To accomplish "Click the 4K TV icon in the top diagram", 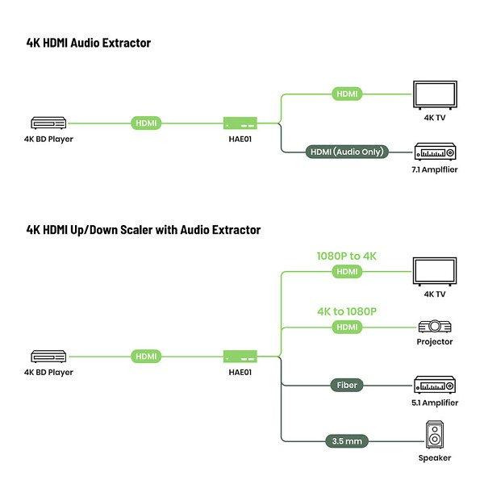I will [x=434, y=94].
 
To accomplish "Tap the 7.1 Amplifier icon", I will [x=434, y=152].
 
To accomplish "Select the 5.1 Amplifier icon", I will [x=436, y=384].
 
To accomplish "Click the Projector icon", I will [x=435, y=327].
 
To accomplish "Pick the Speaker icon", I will [x=435, y=436].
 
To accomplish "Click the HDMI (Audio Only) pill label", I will [x=348, y=151].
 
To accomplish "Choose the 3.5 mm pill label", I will [x=346, y=441].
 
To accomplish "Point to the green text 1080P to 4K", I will [x=346, y=257].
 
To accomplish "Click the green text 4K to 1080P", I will [x=347, y=311].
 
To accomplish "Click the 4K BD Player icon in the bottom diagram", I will [x=48, y=356].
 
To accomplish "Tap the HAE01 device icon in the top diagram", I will [x=240, y=123].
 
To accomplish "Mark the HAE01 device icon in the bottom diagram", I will [x=240, y=356].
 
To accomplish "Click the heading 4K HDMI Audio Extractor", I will [x=89, y=43].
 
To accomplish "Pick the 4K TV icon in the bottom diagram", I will [x=434, y=272].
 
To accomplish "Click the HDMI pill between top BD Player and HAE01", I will [x=146, y=123].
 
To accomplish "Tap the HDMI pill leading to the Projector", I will [x=346, y=327].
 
